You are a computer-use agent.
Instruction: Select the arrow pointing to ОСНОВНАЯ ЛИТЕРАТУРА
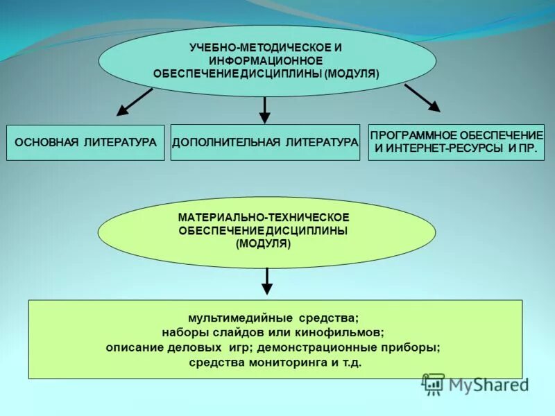(x=134, y=101)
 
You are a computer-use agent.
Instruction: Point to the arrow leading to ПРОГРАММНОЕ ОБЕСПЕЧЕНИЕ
(x=422, y=98)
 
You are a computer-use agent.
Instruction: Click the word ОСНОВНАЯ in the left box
(x=46, y=143)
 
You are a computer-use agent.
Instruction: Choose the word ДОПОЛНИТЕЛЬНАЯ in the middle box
(x=225, y=142)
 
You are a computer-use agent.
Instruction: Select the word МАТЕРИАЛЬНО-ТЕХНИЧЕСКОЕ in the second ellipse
(x=264, y=218)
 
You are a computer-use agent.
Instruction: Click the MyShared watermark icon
(x=434, y=383)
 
